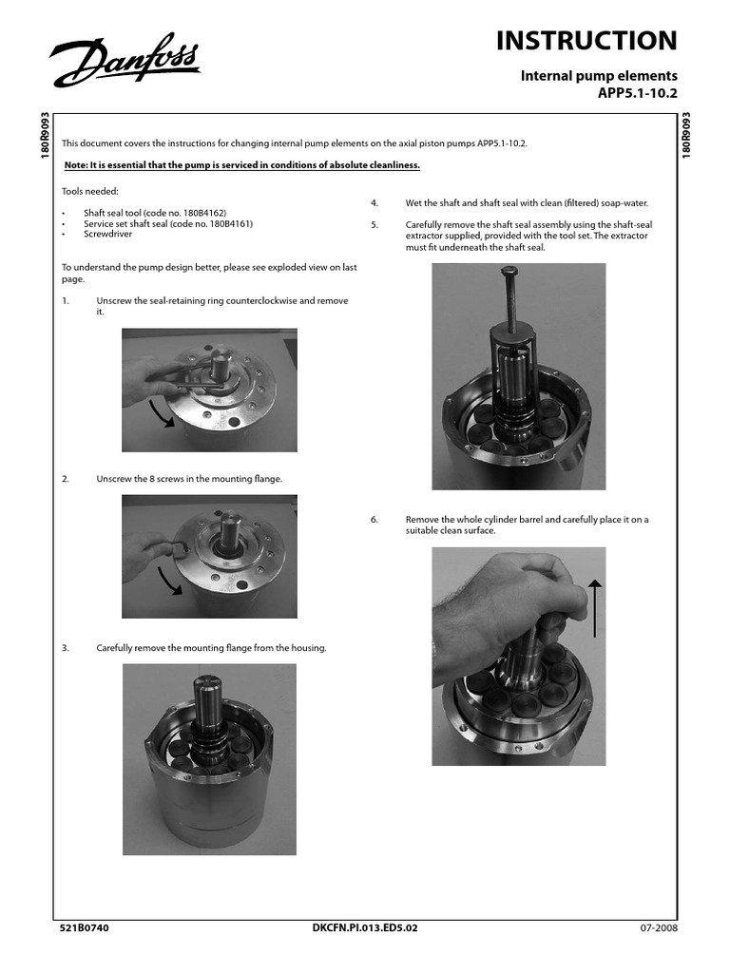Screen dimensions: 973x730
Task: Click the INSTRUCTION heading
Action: click(586, 40)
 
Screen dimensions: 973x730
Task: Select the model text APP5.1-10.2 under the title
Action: click(640, 91)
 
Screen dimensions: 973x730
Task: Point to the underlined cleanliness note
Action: click(241, 164)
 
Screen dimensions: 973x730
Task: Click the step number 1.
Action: click(66, 300)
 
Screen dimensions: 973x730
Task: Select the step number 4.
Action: click(375, 203)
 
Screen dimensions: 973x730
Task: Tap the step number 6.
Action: click(375, 520)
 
